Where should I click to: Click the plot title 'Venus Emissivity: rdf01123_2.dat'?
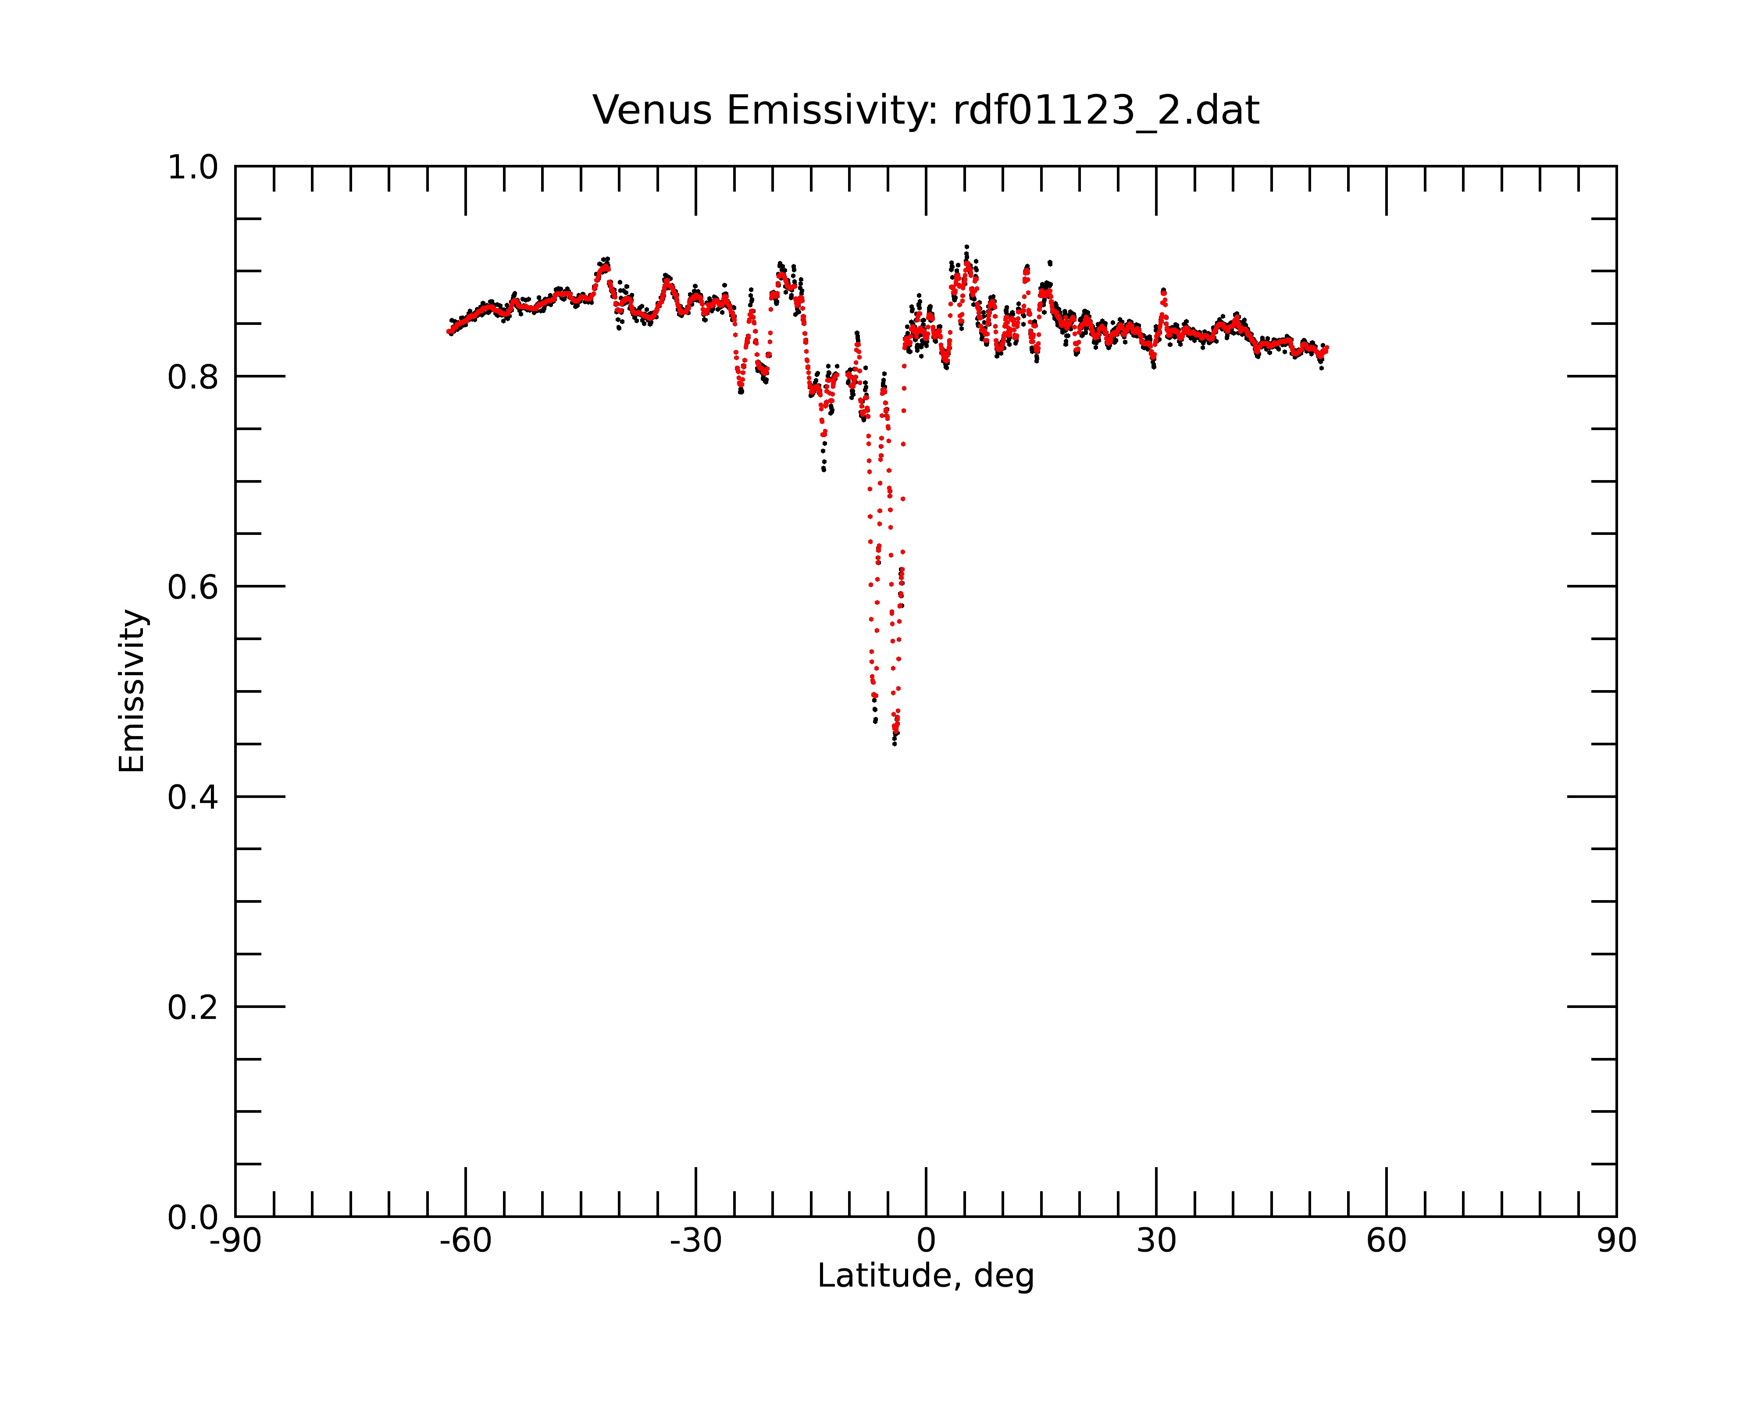click(926, 110)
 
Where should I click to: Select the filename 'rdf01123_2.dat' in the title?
click(1106, 110)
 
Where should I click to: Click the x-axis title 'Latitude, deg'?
click(926, 1275)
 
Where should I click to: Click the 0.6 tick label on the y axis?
click(193, 587)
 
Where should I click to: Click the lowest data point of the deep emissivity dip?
click(894, 744)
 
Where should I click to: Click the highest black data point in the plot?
click(966, 246)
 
